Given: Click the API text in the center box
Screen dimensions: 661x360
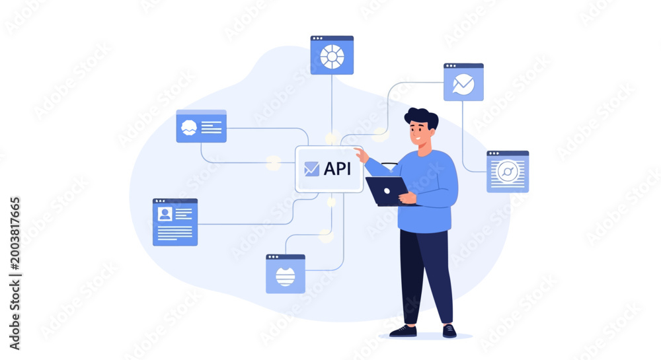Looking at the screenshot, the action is coord(337,169).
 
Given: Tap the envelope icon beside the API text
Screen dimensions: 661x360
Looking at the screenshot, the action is coord(311,169).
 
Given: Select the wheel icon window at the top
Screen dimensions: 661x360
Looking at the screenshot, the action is coord(332,55).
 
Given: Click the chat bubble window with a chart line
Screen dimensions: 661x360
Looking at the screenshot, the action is coord(463,82).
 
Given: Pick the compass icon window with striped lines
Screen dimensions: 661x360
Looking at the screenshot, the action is coord(508,171).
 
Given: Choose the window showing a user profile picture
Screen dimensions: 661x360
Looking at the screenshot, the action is coord(175,222).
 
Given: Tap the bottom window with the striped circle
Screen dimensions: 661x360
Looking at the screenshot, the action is coord(286,273).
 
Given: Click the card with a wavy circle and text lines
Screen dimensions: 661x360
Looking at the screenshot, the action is coord(201,126).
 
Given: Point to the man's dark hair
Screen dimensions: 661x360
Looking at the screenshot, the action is coord(422,118).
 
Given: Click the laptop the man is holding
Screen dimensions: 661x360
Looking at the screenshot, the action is coord(387,191).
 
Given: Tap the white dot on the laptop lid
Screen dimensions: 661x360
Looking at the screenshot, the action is coord(387,191).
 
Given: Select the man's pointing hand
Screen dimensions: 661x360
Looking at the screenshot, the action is coord(361,155).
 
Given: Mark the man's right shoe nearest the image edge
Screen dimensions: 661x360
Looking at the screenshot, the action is coord(449,331).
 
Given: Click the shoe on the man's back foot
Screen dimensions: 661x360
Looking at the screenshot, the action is coord(403,332).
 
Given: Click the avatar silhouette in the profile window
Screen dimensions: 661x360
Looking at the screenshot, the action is coord(165,214).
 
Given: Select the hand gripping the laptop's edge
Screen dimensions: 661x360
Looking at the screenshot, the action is coord(407,198).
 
